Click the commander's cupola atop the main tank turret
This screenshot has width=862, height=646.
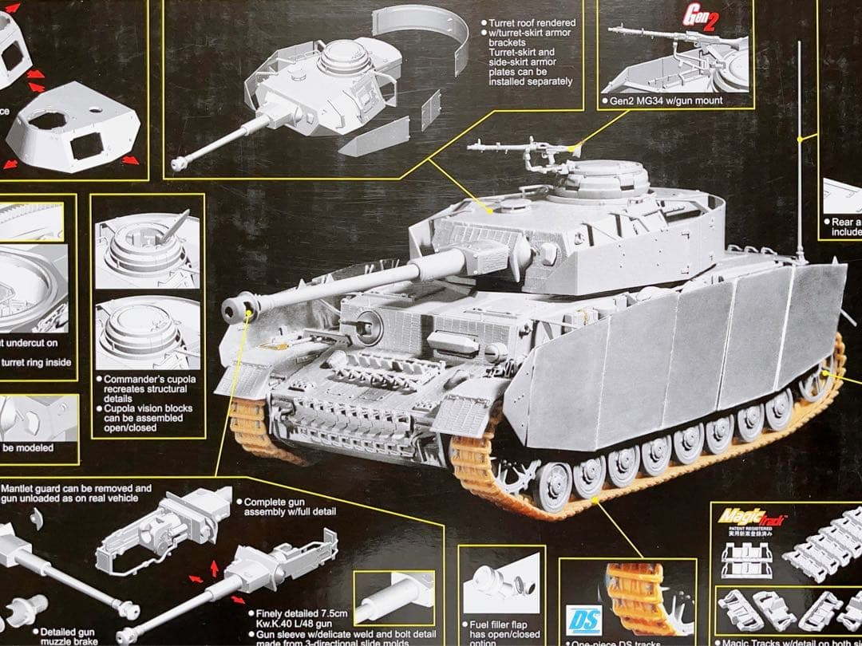[x=599, y=179]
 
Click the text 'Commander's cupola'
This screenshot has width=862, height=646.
[x=148, y=379]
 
